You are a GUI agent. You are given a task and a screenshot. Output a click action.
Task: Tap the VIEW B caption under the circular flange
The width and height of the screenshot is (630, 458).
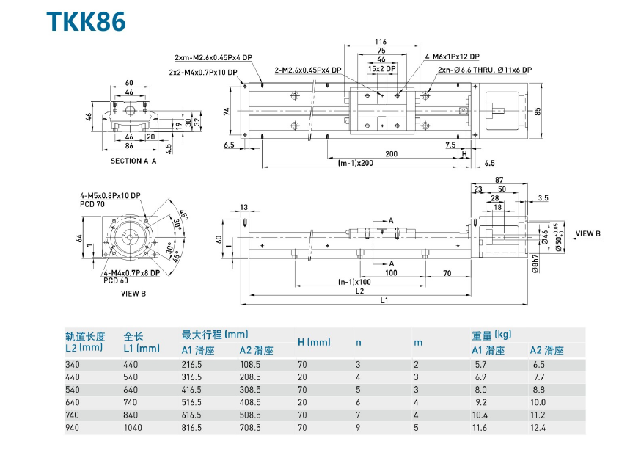point(133,294)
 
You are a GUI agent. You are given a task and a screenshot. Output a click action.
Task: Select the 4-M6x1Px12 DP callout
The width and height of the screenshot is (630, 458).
point(452,57)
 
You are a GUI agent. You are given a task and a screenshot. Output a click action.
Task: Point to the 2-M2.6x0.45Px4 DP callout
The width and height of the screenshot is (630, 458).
point(308,70)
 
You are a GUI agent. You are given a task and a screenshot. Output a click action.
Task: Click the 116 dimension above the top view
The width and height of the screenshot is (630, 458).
point(380,41)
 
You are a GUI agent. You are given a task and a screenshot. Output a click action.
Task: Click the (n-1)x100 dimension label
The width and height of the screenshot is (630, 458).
point(354,282)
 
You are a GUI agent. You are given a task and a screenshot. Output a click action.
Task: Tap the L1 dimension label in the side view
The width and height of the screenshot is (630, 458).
point(384,299)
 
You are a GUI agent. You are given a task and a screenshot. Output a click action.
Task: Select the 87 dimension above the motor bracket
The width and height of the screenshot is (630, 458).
point(499,180)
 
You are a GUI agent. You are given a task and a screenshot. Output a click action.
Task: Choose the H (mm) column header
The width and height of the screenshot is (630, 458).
point(313,342)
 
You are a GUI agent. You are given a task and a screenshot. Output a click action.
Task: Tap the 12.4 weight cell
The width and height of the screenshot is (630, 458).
point(538,427)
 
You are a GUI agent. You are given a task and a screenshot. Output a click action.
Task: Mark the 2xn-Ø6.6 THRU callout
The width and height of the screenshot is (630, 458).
point(484,70)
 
